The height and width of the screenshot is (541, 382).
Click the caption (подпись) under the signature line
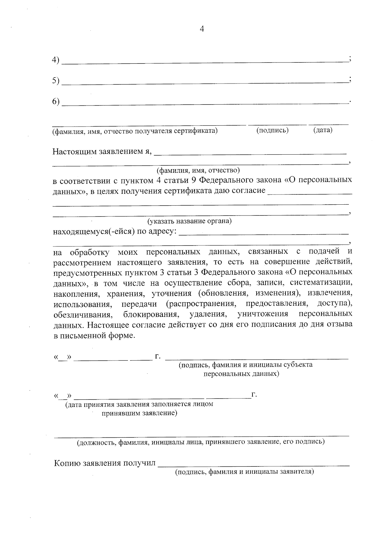(x=272, y=130)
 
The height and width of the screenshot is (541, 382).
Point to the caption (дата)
(x=323, y=130)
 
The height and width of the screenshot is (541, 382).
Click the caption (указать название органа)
(x=189, y=221)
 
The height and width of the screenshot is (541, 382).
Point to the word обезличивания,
(x=83, y=315)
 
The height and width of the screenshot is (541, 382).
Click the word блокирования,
(x=151, y=315)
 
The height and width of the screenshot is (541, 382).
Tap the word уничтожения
(x=263, y=314)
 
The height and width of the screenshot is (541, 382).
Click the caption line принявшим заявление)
(x=139, y=413)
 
